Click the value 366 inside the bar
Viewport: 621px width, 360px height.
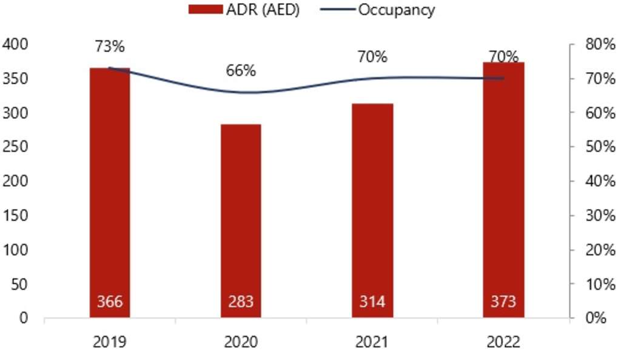tap(110, 301)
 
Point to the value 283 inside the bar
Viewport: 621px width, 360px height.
tap(241, 301)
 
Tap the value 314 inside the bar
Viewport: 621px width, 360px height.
tap(372, 301)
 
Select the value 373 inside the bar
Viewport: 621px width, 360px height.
tap(503, 301)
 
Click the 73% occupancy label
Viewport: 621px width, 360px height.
tap(110, 45)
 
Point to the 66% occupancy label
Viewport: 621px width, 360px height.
tap(241, 70)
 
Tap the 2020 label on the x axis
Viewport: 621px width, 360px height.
tap(241, 342)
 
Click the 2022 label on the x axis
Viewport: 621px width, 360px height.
tap(503, 342)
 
